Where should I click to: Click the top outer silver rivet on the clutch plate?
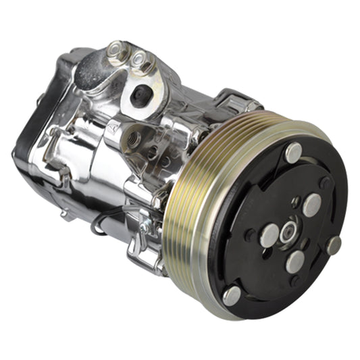point(294,153)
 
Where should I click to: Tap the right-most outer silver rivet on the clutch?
point(334,245)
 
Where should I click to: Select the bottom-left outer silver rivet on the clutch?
point(232,295)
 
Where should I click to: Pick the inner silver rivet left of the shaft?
point(269,234)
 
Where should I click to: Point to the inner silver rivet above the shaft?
point(311,205)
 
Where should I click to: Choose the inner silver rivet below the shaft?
point(295,261)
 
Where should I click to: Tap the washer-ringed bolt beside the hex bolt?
point(141,62)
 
